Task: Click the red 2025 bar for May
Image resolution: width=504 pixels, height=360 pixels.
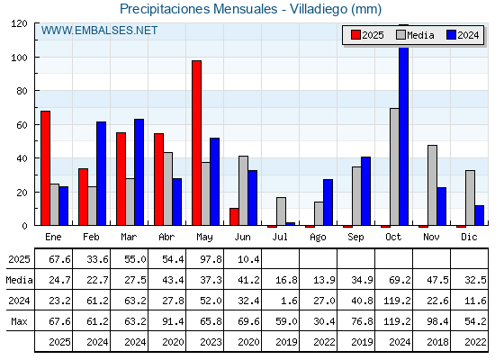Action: point(197,143)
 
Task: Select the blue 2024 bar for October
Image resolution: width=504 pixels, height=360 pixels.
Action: point(404,136)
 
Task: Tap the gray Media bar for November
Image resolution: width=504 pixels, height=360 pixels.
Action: point(432,185)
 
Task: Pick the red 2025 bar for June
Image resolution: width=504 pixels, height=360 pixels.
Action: point(234,217)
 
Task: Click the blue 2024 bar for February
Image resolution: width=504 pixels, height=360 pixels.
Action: point(101,174)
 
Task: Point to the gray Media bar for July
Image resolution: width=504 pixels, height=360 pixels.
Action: point(281,211)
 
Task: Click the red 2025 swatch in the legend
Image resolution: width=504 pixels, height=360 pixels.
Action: point(355,35)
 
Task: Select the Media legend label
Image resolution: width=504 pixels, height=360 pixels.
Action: point(420,35)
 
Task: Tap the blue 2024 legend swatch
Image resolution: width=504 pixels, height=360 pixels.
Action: point(451,35)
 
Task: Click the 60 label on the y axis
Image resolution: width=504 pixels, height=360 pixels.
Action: point(22,125)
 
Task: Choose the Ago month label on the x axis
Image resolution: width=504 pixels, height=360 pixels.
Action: point(319,238)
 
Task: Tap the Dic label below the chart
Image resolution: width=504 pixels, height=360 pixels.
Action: point(469,237)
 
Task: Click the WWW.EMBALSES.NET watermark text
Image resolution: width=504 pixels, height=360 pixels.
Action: point(99,31)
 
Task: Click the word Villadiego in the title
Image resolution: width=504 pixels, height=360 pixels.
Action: point(319,9)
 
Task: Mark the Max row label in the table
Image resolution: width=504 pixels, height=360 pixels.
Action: point(19,321)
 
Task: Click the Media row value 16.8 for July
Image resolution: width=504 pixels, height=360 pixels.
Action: point(286,280)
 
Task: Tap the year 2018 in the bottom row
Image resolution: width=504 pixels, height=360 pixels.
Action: point(437,342)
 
